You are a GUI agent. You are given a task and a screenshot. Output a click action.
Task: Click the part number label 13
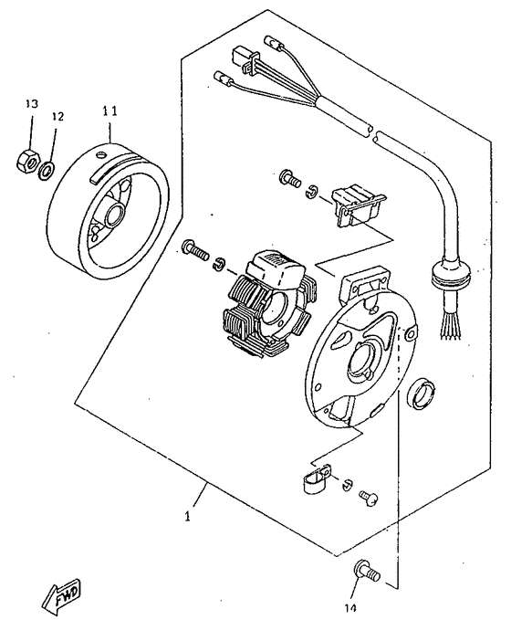(32, 103)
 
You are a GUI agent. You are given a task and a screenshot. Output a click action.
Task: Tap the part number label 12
(57, 116)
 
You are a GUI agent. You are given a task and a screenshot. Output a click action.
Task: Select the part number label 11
(109, 111)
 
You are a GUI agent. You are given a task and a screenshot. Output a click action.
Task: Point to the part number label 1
(188, 516)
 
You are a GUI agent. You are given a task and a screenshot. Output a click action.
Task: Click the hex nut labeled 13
(28, 161)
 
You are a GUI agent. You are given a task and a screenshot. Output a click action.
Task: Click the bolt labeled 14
(368, 572)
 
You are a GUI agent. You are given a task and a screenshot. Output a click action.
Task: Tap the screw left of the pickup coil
(289, 179)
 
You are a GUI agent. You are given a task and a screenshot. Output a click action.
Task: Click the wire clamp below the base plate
(317, 478)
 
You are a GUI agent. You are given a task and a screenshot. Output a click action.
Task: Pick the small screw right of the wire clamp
(369, 496)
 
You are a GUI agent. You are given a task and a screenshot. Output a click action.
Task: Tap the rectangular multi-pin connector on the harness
(245, 60)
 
